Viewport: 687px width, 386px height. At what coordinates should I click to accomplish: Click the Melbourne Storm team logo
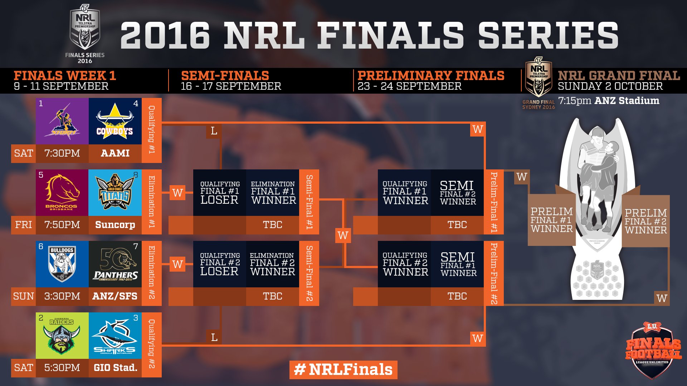tap(62, 122)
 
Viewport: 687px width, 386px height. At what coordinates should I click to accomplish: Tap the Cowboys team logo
tap(115, 122)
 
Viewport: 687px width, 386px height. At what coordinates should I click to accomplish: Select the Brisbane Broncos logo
tap(62, 192)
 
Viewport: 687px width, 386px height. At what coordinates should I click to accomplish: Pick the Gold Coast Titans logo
tap(115, 192)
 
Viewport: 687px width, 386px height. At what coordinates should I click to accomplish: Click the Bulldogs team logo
tap(62, 264)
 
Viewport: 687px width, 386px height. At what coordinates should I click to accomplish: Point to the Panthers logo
tap(115, 264)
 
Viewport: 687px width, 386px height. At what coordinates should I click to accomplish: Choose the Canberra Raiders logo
tap(62, 335)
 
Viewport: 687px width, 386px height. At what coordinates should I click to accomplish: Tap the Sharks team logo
tap(115, 335)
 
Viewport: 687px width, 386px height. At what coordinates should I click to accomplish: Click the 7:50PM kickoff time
tap(62, 225)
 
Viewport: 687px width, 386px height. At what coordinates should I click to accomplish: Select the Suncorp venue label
tap(115, 225)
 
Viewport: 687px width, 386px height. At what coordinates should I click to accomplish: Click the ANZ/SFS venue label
tap(115, 296)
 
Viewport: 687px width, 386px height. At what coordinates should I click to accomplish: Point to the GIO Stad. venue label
tap(115, 368)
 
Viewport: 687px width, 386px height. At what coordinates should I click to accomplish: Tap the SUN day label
tap(24, 296)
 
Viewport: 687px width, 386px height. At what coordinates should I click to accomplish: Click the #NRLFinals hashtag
tap(343, 370)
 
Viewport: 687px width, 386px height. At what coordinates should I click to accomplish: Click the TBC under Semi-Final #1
tap(273, 225)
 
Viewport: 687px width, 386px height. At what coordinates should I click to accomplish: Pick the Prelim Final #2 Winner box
tap(645, 221)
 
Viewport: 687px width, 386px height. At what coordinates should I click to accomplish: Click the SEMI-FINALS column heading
tap(225, 76)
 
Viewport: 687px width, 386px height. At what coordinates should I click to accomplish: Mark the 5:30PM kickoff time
tap(62, 368)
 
